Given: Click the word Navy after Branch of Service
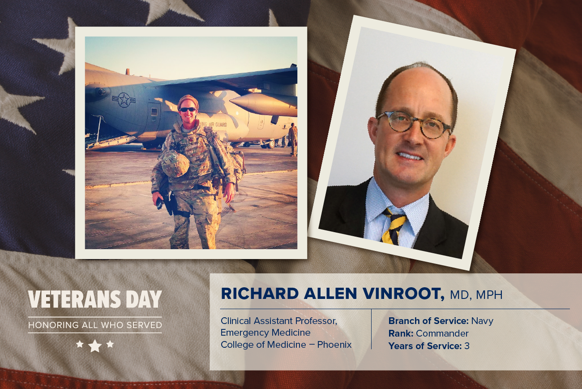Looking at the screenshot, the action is [482, 321].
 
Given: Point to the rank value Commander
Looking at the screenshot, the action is [442, 333].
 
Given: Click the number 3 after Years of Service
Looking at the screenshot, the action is [466, 346].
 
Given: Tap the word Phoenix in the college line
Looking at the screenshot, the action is [334, 345].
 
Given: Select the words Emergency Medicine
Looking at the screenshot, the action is [265, 333].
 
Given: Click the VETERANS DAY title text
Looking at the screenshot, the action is [95, 299].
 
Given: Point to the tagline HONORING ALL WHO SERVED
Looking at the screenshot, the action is [95, 325].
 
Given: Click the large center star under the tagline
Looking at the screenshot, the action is [95, 346].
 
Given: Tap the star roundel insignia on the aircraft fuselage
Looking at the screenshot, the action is [124, 100].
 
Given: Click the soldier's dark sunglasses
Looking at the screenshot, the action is [188, 109].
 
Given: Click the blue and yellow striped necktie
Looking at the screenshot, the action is [394, 225].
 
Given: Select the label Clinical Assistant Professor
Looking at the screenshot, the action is [279, 321].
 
